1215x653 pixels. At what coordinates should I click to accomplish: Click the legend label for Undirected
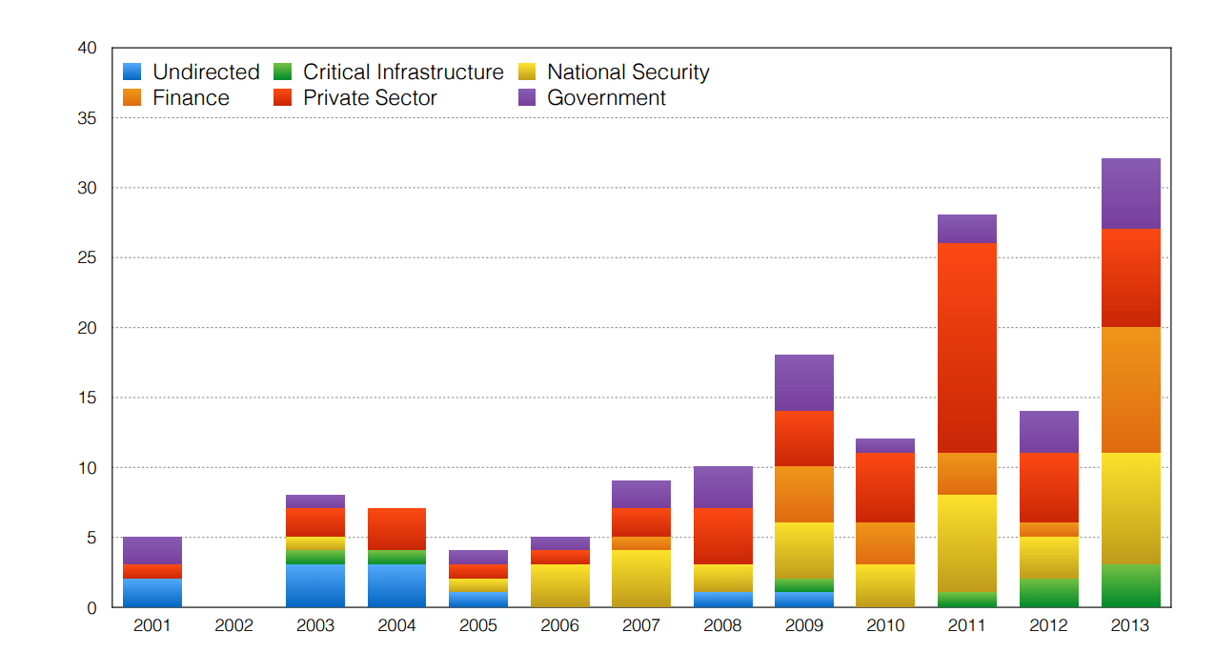[206, 72]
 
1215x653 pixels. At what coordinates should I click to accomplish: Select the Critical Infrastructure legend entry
[403, 72]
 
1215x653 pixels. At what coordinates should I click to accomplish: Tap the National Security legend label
[628, 72]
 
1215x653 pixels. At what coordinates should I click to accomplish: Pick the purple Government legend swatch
[528, 98]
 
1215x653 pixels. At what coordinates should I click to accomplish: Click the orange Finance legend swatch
[133, 98]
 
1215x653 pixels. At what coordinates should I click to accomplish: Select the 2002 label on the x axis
[234, 626]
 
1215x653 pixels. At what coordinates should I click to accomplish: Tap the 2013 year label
[1130, 626]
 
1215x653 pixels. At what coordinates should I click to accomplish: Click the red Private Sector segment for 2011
[967, 348]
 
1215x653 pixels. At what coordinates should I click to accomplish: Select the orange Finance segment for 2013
[1130, 390]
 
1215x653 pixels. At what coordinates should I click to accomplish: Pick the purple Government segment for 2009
[804, 383]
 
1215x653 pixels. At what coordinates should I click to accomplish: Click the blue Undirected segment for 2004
[397, 585]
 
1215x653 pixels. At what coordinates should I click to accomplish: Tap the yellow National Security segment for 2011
[967, 543]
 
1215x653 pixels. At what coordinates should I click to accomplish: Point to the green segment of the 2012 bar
[1048, 593]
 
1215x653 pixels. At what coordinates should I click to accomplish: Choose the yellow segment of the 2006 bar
[560, 585]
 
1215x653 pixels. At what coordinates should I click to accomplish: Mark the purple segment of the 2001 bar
[152, 550]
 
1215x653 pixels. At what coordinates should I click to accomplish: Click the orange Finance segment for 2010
[885, 543]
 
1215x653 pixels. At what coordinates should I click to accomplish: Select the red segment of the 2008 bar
[722, 536]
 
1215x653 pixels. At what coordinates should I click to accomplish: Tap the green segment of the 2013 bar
[1130, 585]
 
